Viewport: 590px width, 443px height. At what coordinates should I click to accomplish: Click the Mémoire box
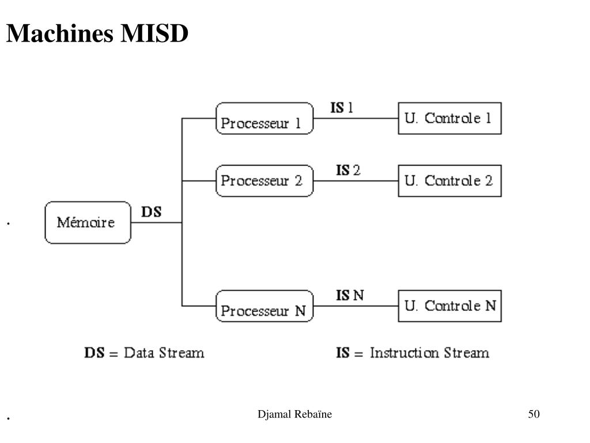pyautogui.click(x=88, y=222)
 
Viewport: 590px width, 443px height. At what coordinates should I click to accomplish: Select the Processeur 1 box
pyautogui.click(x=264, y=118)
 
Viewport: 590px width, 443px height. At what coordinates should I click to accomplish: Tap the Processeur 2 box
pyautogui.click(x=264, y=181)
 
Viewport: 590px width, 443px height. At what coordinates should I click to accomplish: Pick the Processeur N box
pyautogui.click(x=264, y=306)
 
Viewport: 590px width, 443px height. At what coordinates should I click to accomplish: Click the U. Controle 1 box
pyautogui.click(x=449, y=118)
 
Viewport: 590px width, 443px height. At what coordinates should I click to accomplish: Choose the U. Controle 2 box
pyautogui.click(x=449, y=181)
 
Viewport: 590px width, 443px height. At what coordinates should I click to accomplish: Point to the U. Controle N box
pyautogui.click(x=449, y=306)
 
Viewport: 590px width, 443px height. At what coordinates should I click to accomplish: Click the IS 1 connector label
pyautogui.click(x=342, y=108)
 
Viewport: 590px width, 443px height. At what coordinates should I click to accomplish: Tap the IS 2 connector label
pyautogui.click(x=348, y=170)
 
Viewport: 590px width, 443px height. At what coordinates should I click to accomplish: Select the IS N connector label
pyautogui.click(x=350, y=295)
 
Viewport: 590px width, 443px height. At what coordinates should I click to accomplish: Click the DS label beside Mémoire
pyautogui.click(x=152, y=212)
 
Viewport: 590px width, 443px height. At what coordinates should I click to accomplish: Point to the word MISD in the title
pyautogui.click(x=154, y=33)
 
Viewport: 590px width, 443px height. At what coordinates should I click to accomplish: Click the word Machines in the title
pyautogui.click(x=60, y=33)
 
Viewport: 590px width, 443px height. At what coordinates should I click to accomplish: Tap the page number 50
pyautogui.click(x=534, y=414)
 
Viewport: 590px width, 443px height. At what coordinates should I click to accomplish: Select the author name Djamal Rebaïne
pyautogui.click(x=294, y=414)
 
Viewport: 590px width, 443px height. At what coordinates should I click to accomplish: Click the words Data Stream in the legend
pyautogui.click(x=164, y=353)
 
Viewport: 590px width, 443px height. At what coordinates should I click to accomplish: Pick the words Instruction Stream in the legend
pyautogui.click(x=429, y=353)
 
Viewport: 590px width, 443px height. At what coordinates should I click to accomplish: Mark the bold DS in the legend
pyautogui.click(x=94, y=353)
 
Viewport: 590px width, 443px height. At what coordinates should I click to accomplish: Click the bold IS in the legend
pyautogui.click(x=343, y=353)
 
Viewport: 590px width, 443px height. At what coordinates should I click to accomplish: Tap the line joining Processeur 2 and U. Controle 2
pyautogui.click(x=355, y=181)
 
